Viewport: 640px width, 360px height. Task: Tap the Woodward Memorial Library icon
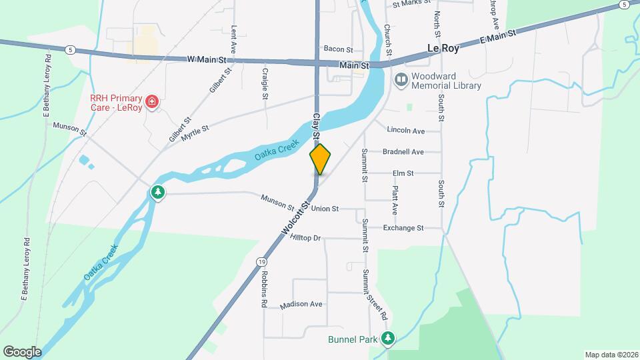(401, 81)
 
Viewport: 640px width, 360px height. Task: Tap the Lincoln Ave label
(405, 131)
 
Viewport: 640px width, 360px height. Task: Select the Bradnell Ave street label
(403, 152)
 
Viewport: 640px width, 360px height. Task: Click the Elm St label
(403, 173)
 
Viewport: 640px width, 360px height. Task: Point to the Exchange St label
(403, 228)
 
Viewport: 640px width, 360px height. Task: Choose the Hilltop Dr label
(305, 238)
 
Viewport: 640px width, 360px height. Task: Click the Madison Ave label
(301, 304)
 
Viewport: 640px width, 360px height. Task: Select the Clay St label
(317, 125)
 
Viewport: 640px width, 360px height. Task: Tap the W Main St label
(211, 59)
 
